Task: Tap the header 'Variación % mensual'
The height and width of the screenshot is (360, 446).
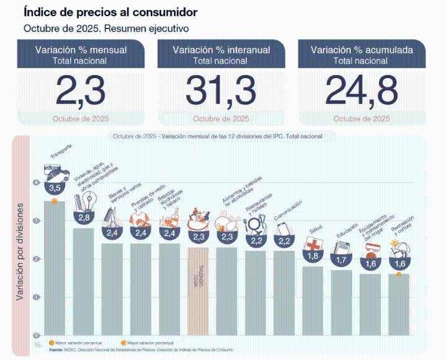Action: tap(81, 50)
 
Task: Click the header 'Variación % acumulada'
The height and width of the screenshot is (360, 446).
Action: tap(362, 50)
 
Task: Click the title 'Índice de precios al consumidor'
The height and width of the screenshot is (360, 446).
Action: tap(110, 12)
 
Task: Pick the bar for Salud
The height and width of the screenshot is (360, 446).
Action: tap(313, 301)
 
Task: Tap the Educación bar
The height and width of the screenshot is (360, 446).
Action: tap(341, 302)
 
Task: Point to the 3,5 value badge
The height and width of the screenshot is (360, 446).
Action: tap(55, 188)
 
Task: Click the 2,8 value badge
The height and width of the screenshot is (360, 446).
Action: tap(84, 217)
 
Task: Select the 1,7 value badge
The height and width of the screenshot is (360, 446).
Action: tap(341, 261)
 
